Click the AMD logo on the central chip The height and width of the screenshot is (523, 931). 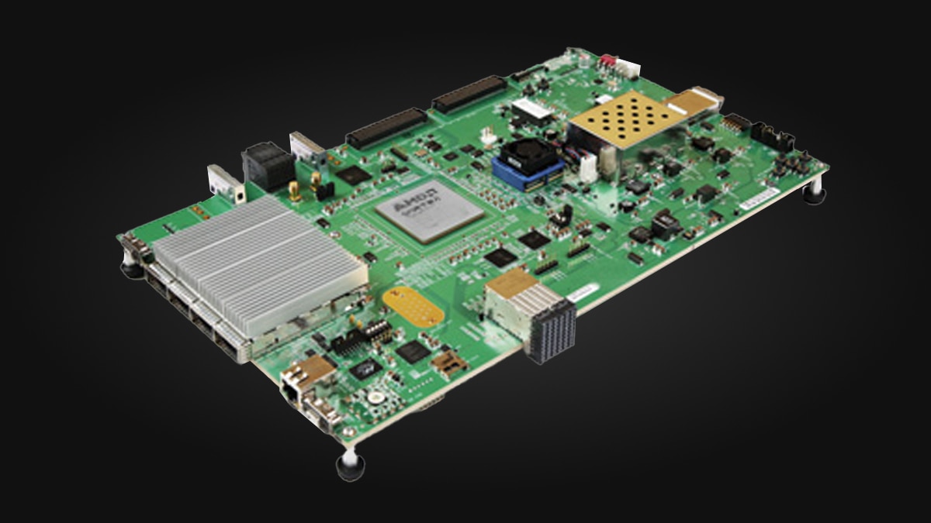(x=403, y=206)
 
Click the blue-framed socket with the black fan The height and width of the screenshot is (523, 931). (x=528, y=163)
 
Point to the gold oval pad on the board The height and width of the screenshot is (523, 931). (x=414, y=305)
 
